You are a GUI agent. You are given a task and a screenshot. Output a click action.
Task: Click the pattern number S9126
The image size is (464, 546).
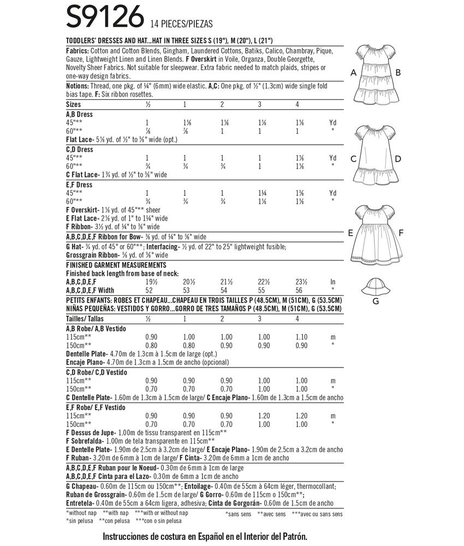pyautogui.click(x=103, y=19)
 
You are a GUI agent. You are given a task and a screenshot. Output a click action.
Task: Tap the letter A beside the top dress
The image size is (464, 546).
pyautogui.click(x=353, y=73)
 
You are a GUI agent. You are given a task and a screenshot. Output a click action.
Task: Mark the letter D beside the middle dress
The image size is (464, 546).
pyautogui.click(x=398, y=159)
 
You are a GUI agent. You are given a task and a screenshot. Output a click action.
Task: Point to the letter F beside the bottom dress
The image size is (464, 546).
pyautogui.click(x=401, y=233)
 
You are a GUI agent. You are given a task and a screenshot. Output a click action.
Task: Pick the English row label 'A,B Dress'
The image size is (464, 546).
pyautogui.click(x=80, y=115)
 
